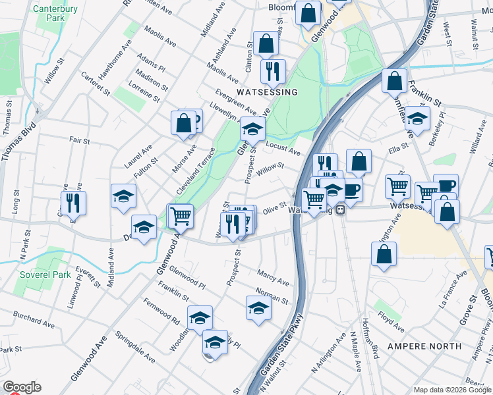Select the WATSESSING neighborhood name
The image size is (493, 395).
(268, 92)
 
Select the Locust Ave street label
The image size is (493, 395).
(283, 148)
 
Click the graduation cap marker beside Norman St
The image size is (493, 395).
(258, 307)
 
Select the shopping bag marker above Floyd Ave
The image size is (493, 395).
(384, 254)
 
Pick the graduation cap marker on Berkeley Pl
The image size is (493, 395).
(417, 119)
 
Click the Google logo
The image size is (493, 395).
(22, 387)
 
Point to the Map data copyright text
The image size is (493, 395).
(452, 390)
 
